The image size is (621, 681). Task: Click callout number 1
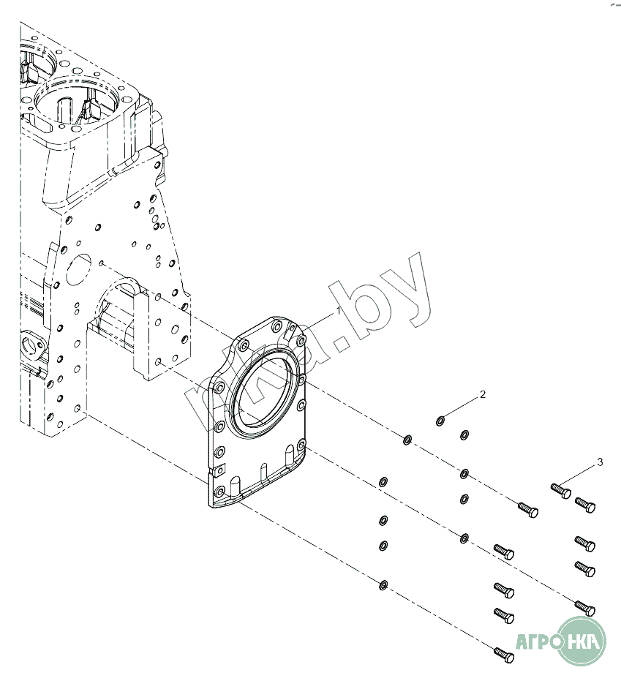tap(339, 311)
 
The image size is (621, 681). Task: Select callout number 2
tap(482, 394)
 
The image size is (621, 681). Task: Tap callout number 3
tap(600, 462)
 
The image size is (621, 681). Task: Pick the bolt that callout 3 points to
tap(560, 489)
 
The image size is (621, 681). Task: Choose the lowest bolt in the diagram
tap(503, 655)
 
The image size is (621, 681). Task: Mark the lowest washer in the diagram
tap(383, 584)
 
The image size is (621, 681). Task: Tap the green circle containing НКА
tap(582, 641)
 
